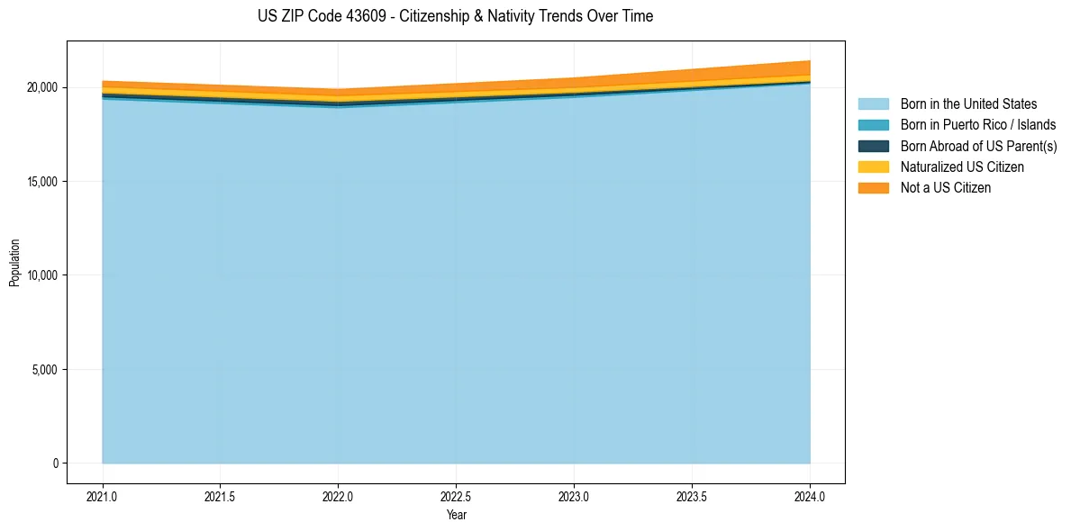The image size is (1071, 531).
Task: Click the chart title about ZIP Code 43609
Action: (455, 16)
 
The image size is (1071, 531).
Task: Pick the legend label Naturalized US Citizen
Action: (962, 167)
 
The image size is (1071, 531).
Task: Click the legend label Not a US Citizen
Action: (945, 188)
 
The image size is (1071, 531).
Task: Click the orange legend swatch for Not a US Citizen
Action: (873, 188)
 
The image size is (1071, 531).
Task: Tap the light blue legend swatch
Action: (873, 104)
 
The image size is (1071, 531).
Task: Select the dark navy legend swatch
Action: (873, 146)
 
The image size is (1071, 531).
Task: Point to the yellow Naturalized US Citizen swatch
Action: (873, 167)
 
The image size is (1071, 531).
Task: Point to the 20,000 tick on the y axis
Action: (41, 87)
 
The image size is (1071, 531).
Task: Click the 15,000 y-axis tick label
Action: (41, 182)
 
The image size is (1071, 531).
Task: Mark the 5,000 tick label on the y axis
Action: (44, 370)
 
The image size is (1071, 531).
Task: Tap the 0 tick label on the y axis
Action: (55, 463)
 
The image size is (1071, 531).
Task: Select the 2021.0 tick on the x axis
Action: (103, 495)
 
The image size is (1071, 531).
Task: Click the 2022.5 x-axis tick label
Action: (456, 495)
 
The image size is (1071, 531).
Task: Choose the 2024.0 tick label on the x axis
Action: (810, 495)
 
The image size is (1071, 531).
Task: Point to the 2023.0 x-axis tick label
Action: (574, 495)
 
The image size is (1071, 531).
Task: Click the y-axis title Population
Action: (14, 263)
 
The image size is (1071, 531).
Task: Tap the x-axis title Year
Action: (456, 515)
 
